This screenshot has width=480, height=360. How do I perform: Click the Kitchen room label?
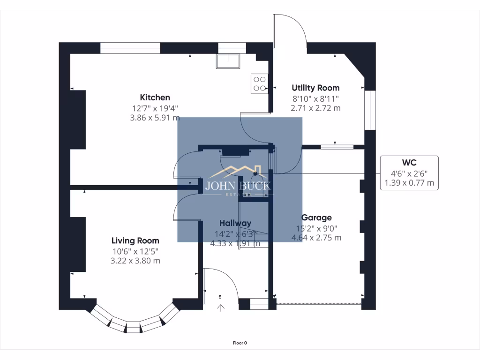[x=155, y=97]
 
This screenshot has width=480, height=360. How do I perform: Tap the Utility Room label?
[x=315, y=88]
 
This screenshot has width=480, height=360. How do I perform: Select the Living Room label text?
[x=135, y=240]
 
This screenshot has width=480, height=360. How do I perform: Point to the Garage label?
[x=316, y=217]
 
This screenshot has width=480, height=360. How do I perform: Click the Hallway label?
[x=235, y=223]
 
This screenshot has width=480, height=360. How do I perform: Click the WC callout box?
[x=409, y=173]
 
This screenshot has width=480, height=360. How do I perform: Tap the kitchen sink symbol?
[x=227, y=61]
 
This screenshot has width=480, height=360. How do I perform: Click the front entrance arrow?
[x=220, y=307]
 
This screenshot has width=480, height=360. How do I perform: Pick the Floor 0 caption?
[x=240, y=343]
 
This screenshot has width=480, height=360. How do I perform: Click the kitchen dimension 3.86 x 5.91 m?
[x=155, y=118]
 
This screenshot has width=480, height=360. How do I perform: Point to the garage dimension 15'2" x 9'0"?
[x=316, y=228]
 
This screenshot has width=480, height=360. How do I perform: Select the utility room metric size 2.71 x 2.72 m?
[x=315, y=108]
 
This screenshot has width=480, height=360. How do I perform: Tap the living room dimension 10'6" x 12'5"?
[x=135, y=251]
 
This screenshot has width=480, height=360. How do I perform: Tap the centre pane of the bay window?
[x=134, y=327]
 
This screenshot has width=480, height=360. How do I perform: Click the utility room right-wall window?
[x=370, y=110]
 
